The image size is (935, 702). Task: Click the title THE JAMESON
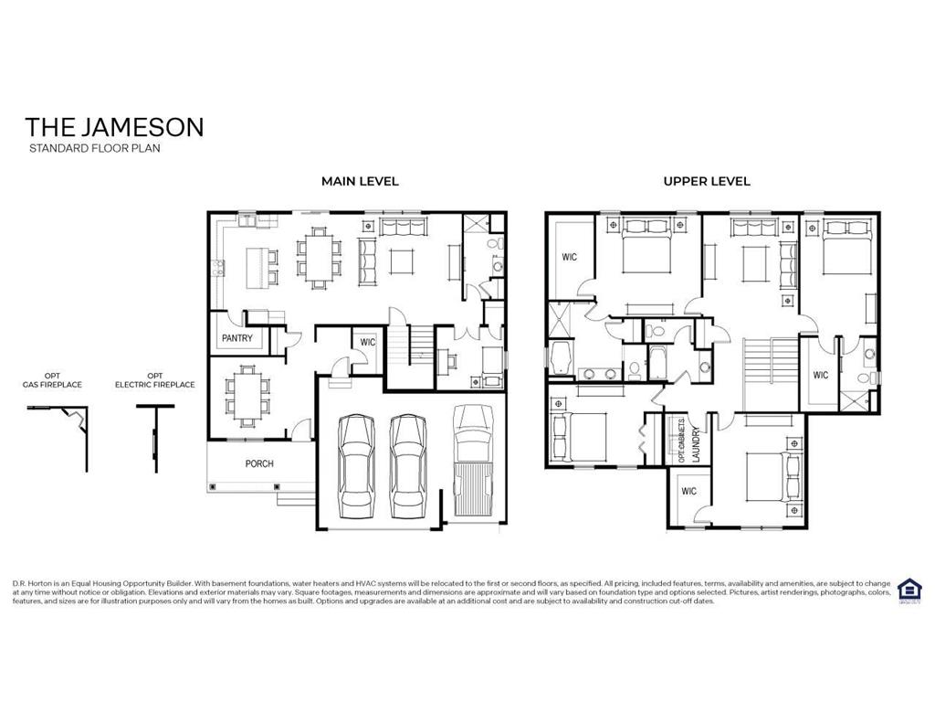[x=114, y=126]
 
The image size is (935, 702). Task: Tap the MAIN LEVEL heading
[x=360, y=181]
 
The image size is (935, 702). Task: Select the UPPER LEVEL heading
[x=706, y=181]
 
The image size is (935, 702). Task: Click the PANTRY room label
[x=237, y=338]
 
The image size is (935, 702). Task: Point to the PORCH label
[x=259, y=463]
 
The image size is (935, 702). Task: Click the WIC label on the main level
[x=367, y=342]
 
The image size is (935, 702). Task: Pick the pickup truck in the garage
[x=473, y=463]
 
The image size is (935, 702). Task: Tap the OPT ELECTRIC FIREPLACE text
[x=154, y=380]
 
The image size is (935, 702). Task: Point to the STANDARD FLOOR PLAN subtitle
[x=94, y=147]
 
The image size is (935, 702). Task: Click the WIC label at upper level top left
[x=570, y=257]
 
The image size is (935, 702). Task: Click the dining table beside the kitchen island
[x=319, y=258]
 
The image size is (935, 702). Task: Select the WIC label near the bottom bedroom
[x=688, y=491]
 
